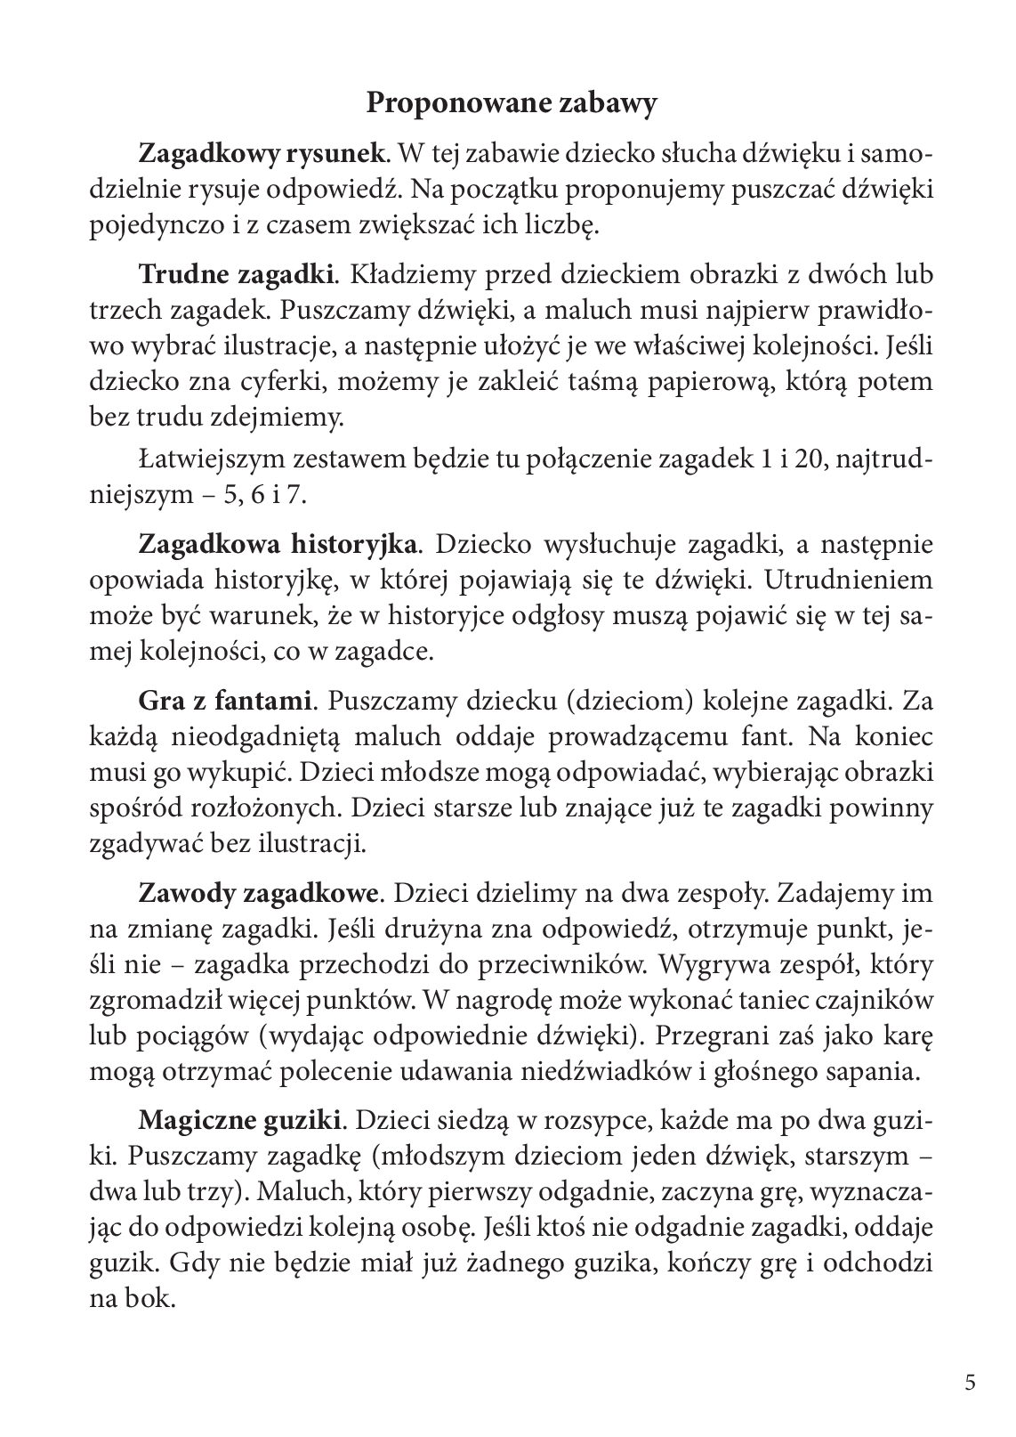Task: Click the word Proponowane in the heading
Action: coord(445,103)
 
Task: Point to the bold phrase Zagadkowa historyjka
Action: coord(278,543)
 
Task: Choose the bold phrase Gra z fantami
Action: coord(225,701)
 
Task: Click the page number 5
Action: coord(970,1382)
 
